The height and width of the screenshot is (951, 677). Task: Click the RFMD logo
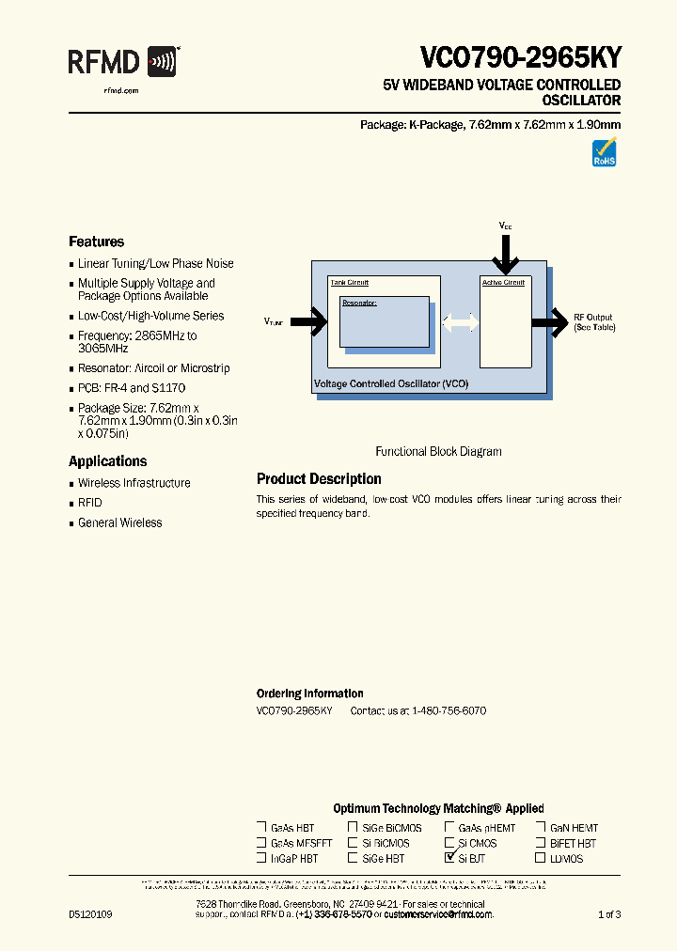(123, 62)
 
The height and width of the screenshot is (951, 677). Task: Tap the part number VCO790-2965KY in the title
(520, 57)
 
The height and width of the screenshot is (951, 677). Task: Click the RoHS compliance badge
(604, 153)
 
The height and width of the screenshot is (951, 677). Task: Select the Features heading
(96, 242)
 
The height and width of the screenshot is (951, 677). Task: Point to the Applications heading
(107, 461)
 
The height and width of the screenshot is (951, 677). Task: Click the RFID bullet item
(89, 503)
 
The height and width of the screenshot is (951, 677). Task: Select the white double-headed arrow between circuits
(460, 322)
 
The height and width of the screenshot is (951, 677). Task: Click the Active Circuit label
(503, 283)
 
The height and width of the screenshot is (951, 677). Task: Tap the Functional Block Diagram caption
(438, 451)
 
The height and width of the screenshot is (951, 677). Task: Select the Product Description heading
(319, 479)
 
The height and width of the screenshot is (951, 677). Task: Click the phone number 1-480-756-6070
(449, 711)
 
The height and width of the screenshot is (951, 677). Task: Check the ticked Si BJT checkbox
(449, 858)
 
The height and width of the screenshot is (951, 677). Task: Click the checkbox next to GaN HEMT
(541, 828)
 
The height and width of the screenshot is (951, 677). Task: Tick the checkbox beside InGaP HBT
(261, 858)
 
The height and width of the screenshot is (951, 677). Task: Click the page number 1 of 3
(609, 914)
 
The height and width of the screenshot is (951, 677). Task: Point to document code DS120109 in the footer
(90, 914)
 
